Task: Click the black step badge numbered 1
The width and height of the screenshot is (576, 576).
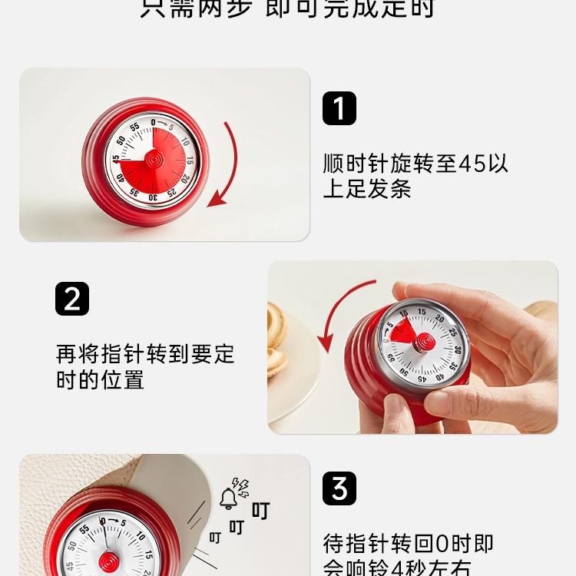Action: (339, 108)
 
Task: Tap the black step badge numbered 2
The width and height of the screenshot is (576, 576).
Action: (72, 299)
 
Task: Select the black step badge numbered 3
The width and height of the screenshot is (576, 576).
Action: (339, 488)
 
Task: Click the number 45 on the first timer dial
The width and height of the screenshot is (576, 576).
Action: (116, 159)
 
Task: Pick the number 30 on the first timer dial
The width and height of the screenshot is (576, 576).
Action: (154, 197)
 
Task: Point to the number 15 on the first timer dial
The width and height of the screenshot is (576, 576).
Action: (189, 161)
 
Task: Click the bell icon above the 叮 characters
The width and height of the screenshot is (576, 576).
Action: (228, 498)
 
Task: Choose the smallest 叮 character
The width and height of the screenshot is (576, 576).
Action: (215, 538)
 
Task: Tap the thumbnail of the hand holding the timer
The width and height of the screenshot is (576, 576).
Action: (412, 347)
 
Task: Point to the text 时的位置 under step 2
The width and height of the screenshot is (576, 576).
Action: (100, 379)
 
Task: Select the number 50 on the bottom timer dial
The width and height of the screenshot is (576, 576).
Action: (71, 546)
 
